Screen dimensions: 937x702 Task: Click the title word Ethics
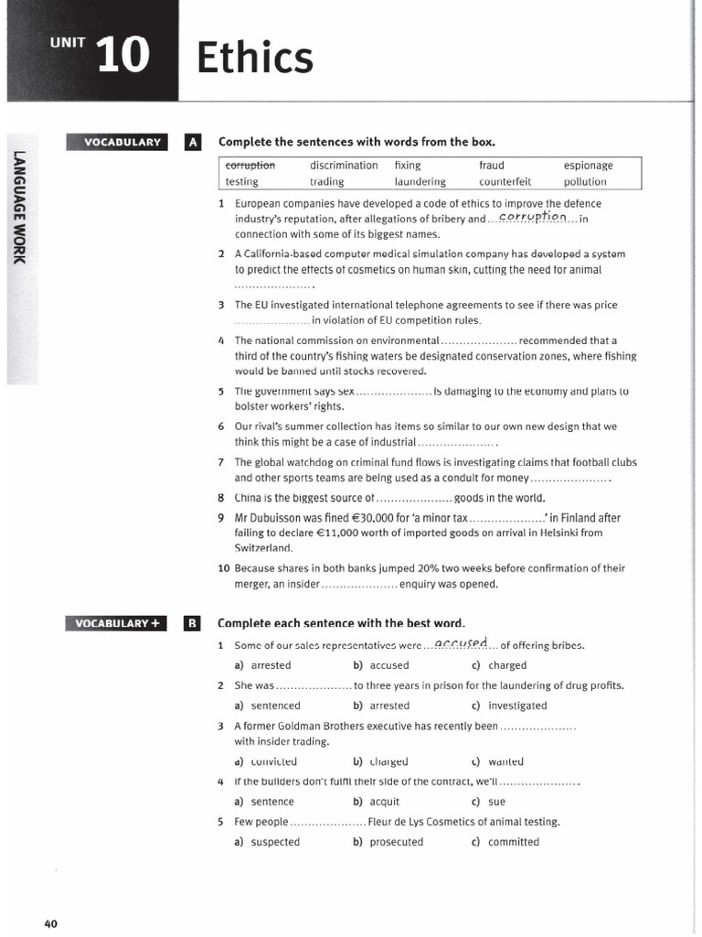(x=255, y=59)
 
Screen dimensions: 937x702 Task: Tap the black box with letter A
(x=192, y=142)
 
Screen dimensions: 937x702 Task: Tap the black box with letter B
(x=192, y=624)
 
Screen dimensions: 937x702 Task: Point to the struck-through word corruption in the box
(x=250, y=166)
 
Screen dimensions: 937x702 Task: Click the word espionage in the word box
(x=588, y=166)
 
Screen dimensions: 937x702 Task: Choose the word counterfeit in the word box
(x=505, y=182)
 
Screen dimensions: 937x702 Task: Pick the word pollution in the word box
(x=585, y=182)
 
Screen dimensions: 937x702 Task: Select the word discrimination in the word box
(x=344, y=166)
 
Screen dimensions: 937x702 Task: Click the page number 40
(x=50, y=923)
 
